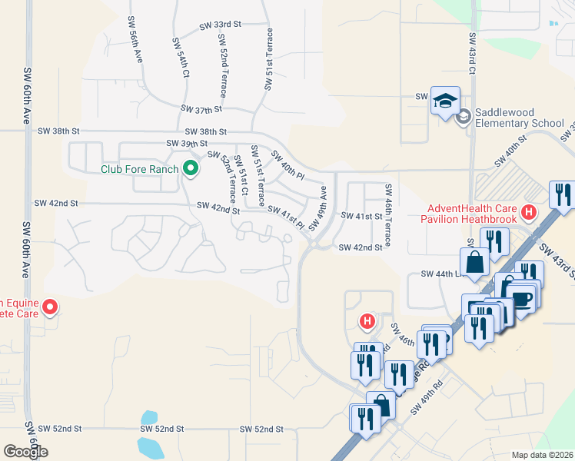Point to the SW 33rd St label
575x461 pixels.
220,25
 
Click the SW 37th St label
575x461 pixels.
201,110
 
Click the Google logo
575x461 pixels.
25,451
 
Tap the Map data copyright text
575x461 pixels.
541,455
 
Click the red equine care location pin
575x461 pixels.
50,307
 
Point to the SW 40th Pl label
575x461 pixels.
288,164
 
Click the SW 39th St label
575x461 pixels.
187,144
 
